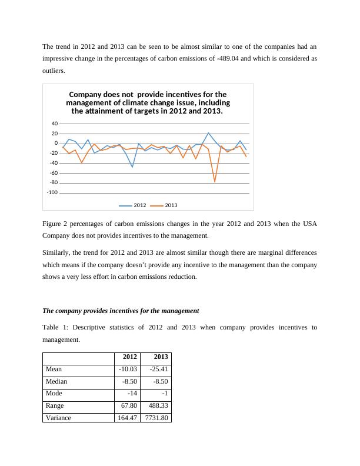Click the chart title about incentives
pos(148,102)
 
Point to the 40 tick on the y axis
pos(54,124)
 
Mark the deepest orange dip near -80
pos(215,182)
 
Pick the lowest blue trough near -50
pos(132,167)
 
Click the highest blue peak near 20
pos(208,134)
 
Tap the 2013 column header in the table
pos(161,357)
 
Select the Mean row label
pos(54,369)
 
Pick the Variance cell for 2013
pos(156,418)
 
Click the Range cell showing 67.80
pos(128,405)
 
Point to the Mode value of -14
pos(131,393)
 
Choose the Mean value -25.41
pos(158,369)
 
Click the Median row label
pos(56,381)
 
